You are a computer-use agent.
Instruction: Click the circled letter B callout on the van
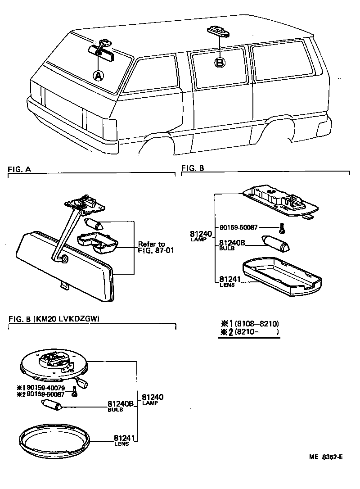tap(220, 62)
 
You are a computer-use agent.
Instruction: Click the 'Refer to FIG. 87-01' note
tap(152, 248)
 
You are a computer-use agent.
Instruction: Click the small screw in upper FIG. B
tap(281, 229)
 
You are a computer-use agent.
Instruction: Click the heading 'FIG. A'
tap(19, 169)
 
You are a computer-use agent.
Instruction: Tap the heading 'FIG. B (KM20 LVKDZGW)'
tap(54, 319)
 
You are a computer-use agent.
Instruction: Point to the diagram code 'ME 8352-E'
tap(326, 457)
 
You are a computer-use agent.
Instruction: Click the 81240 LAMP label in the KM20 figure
tap(152, 399)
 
